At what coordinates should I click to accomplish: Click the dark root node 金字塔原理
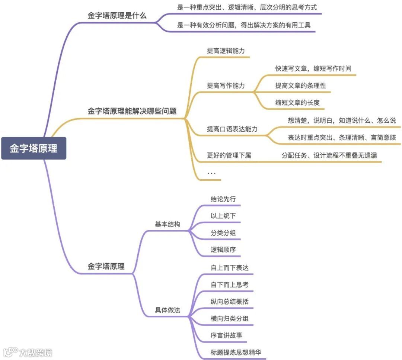(x=33, y=148)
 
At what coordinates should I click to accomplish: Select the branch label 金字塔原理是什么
(x=117, y=16)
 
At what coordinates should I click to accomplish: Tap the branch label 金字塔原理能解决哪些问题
(x=132, y=111)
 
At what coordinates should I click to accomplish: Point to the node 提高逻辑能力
(x=226, y=51)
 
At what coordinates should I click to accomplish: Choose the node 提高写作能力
(x=226, y=86)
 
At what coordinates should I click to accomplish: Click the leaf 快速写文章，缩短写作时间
(x=313, y=68)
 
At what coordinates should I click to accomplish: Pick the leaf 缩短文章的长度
(x=297, y=103)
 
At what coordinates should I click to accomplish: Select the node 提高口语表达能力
(x=232, y=129)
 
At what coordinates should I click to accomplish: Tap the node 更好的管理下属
(x=229, y=155)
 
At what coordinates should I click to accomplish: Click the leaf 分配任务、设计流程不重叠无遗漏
(x=329, y=155)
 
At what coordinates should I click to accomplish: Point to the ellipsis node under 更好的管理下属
(x=211, y=173)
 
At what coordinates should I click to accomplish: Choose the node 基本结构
(x=167, y=224)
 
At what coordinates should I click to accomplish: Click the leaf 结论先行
(x=223, y=199)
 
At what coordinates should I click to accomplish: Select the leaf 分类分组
(x=223, y=233)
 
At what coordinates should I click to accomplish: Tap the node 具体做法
(x=167, y=310)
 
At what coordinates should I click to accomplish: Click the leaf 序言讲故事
(x=226, y=335)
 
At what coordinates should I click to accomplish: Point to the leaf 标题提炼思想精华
(x=238, y=352)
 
